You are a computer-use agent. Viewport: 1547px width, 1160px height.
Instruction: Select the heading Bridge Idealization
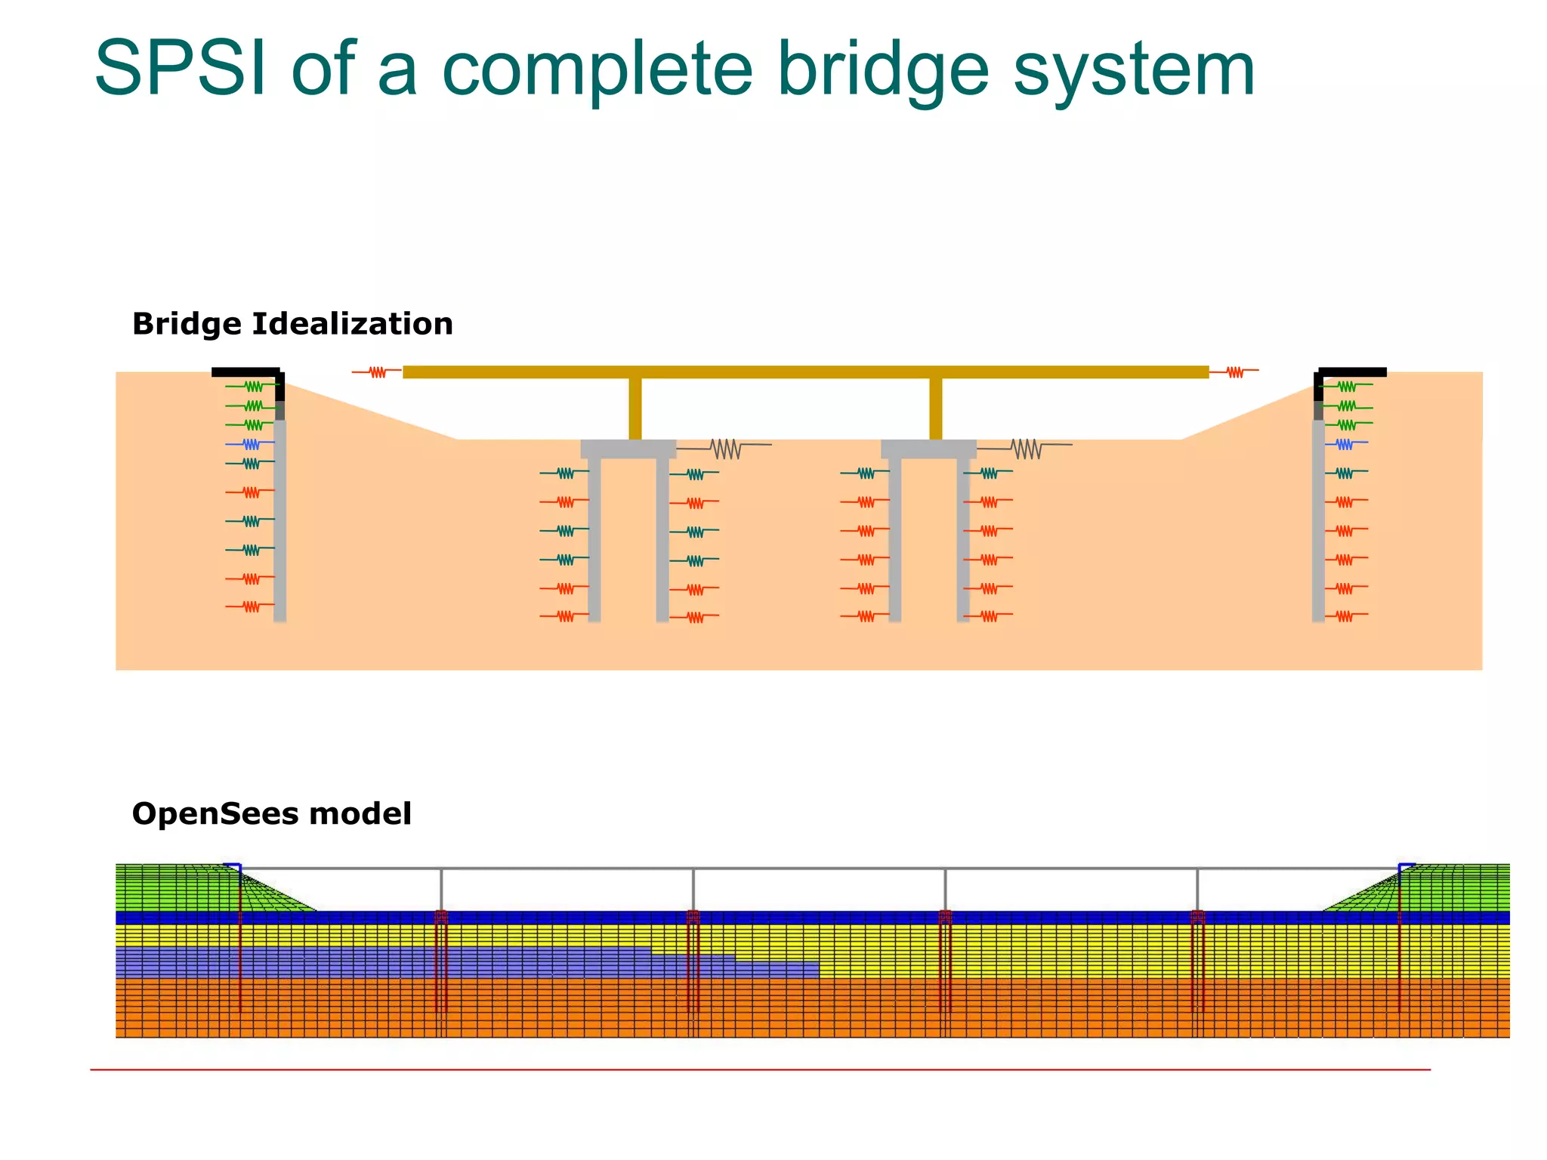(x=292, y=324)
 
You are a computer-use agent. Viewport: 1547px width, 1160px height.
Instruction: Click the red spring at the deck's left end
(x=377, y=372)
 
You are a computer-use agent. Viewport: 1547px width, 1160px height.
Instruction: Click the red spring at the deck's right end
(x=1234, y=372)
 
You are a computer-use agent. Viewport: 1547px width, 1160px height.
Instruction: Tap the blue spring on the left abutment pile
(x=251, y=444)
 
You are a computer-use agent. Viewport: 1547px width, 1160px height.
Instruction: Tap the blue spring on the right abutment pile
(x=1345, y=444)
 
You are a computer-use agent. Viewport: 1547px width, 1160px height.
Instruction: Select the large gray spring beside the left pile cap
(x=726, y=449)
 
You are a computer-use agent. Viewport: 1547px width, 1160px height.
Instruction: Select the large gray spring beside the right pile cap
(x=1026, y=449)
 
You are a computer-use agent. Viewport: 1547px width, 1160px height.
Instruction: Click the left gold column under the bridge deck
(x=635, y=408)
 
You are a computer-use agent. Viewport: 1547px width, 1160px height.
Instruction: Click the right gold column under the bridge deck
(x=935, y=408)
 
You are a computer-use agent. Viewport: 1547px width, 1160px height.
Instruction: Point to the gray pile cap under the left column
(x=628, y=449)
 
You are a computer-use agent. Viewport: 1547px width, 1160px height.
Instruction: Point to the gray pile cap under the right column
(x=928, y=449)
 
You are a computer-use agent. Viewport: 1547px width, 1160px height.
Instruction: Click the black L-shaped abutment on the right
(x=1352, y=372)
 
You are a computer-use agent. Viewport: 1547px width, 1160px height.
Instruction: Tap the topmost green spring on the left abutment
(x=253, y=387)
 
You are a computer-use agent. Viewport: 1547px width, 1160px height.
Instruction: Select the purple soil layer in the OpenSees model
(x=378, y=963)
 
